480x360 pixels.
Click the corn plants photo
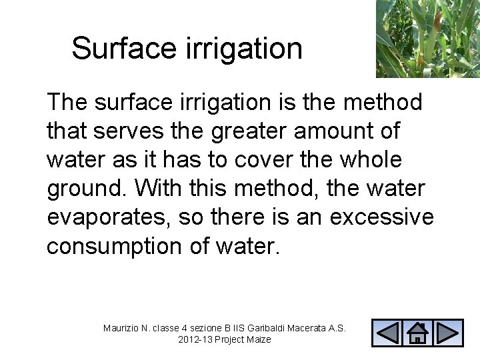(x=427, y=38)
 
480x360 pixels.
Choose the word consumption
(x=114, y=247)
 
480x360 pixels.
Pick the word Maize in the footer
(x=258, y=340)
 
